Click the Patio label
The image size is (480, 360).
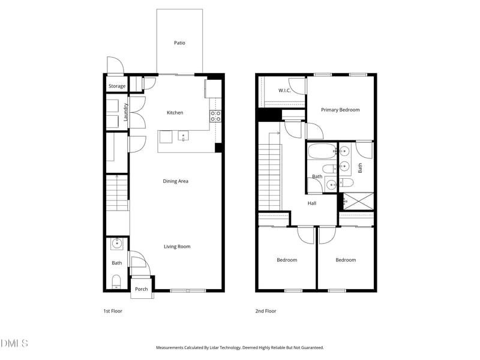tap(179, 43)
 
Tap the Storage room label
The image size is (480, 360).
tap(117, 86)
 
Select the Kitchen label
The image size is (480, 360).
tap(175, 113)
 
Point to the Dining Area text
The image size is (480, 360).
tap(175, 181)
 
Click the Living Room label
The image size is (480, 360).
tap(177, 247)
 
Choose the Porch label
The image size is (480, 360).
tap(141, 289)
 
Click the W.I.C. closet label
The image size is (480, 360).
tap(284, 91)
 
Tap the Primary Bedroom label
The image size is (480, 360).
tap(340, 110)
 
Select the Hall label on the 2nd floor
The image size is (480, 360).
tap(312, 203)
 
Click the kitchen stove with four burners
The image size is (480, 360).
tap(215, 116)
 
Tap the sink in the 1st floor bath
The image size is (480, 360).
tap(117, 244)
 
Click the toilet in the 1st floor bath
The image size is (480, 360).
tap(117, 281)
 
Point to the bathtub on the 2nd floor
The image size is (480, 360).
tap(321, 150)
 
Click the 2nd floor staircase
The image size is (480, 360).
tap(269, 177)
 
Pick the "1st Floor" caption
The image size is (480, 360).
tap(112, 311)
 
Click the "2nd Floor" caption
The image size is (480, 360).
tap(266, 311)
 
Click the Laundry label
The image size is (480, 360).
tap(125, 112)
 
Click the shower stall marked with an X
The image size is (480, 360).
tap(357, 200)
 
